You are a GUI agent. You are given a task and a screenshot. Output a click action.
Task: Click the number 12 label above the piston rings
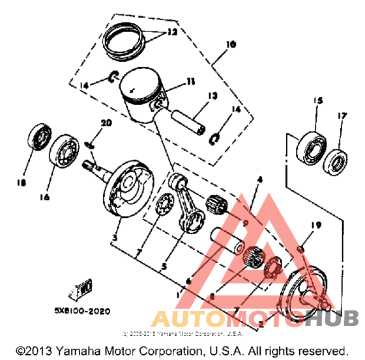coord(171,31)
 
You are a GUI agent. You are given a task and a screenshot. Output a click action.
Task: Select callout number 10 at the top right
coord(231,46)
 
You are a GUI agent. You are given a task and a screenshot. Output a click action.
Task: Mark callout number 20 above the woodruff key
coord(106,123)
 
